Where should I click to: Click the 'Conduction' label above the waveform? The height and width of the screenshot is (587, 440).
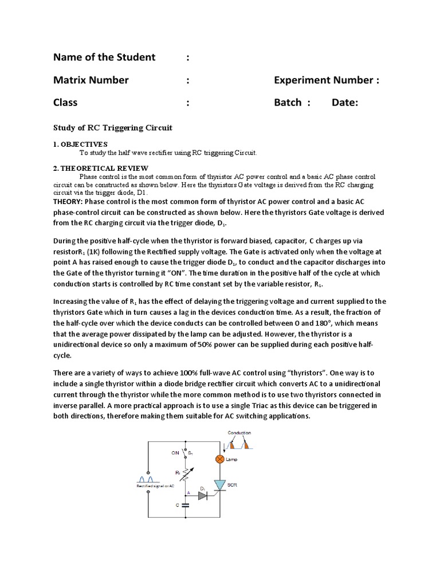(x=239, y=433)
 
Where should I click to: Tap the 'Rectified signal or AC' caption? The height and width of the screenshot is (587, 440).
(x=154, y=486)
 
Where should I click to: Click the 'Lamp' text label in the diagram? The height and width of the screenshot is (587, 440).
(x=231, y=460)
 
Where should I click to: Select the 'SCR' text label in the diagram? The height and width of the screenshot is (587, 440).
(x=232, y=485)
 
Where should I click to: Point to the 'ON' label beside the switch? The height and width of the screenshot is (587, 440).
(x=175, y=452)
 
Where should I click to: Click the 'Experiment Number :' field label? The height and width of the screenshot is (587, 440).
(x=327, y=80)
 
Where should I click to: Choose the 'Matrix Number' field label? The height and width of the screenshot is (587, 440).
(x=91, y=80)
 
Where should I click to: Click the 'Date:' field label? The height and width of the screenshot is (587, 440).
(x=345, y=103)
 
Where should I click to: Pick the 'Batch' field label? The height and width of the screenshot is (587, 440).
(x=288, y=103)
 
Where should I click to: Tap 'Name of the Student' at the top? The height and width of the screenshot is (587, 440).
(x=104, y=57)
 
